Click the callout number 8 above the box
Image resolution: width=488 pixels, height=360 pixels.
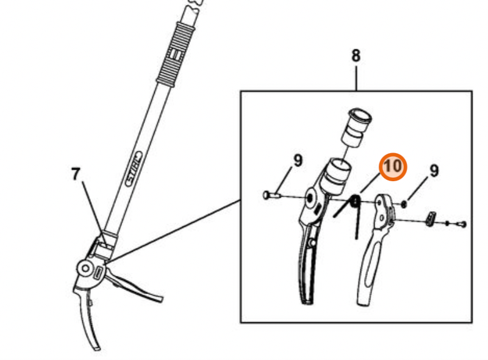coord(356,56)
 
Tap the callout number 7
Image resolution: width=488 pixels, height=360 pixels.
coord(75,175)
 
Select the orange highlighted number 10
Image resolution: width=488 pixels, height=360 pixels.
coord(393,166)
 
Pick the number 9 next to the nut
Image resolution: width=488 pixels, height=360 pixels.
coord(434,170)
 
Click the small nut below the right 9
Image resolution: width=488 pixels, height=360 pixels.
coord(404,203)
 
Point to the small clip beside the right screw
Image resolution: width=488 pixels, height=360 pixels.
coord(431,218)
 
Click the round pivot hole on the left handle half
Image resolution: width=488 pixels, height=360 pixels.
coord(311,197)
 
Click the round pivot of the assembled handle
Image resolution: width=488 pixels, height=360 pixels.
coord(85,267)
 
